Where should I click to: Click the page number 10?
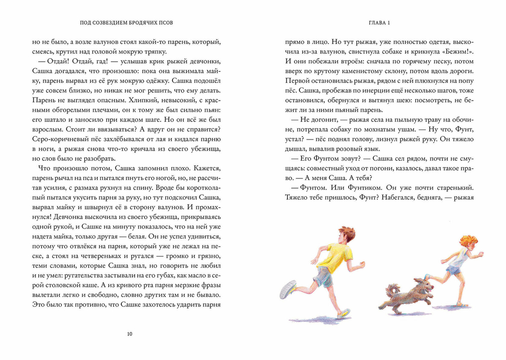(x=130, y=334)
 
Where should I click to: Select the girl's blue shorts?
(x=454, y=272)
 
